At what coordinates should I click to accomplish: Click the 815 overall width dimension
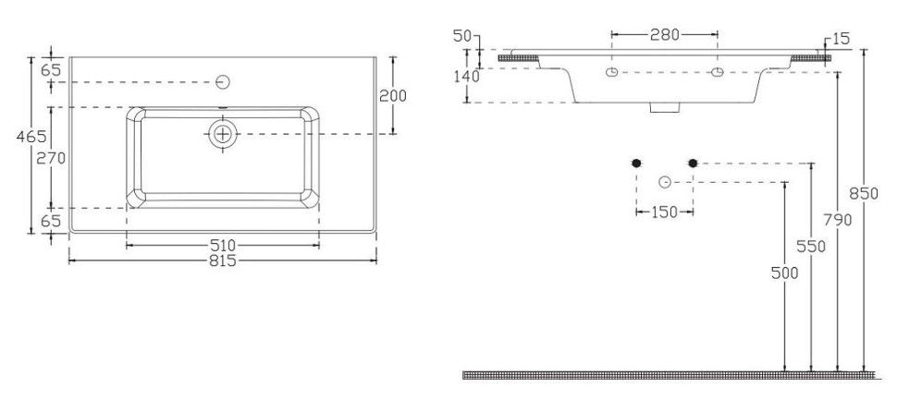click(223, 261)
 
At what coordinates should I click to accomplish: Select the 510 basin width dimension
click(223, 246)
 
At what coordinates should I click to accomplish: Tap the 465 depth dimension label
click(31, 137)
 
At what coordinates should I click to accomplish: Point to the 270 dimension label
click(51, 158)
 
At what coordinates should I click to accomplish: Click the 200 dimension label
click(393, 96)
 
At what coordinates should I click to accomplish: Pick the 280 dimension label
click(665, 35)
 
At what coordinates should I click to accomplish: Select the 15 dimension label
click(841, 39)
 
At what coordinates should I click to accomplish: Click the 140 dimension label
click(467, 76)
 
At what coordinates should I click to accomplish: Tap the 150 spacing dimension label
click(665, 212)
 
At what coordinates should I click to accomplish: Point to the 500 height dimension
click(784, 273)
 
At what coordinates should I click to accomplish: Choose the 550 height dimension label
click(811, 247)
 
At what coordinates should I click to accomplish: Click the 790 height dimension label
click(838, 219)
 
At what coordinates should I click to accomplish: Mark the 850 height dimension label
click(864, 194)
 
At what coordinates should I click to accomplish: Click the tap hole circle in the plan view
click(223, 82)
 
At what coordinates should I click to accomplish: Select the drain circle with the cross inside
click(223, 134)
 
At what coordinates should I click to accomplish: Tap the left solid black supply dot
click(636, 164)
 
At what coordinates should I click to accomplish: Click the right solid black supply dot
click(693, 164)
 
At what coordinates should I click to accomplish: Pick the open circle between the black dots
click(664, 182)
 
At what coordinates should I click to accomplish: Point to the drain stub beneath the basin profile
click(665, 107)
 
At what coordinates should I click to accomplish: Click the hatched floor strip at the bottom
click(669, 375)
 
